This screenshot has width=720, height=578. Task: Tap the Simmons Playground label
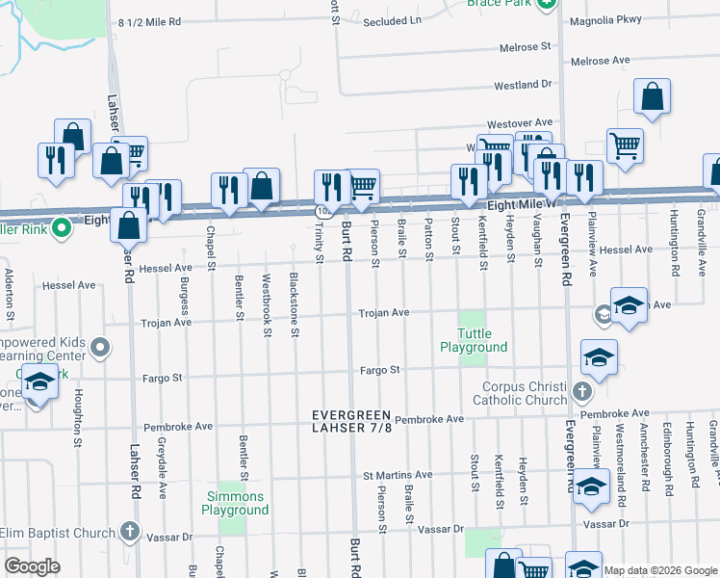point(236,503)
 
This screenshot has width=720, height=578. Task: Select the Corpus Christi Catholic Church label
point(525,392)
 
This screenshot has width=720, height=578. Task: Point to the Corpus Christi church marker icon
point(581,392)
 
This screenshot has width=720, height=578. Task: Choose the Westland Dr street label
point(524,85)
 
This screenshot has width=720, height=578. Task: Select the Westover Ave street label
point(519,123)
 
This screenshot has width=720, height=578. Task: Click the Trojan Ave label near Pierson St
point(384,313)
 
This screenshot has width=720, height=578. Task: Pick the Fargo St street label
point(380,369)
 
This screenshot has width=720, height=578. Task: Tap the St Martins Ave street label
point(398,475)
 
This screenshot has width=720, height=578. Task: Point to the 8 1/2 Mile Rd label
point(149,21)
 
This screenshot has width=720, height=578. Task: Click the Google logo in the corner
point(32,566)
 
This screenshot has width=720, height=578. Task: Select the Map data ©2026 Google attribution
point(660,570)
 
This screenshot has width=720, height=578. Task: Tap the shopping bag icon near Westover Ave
point(652,97)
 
